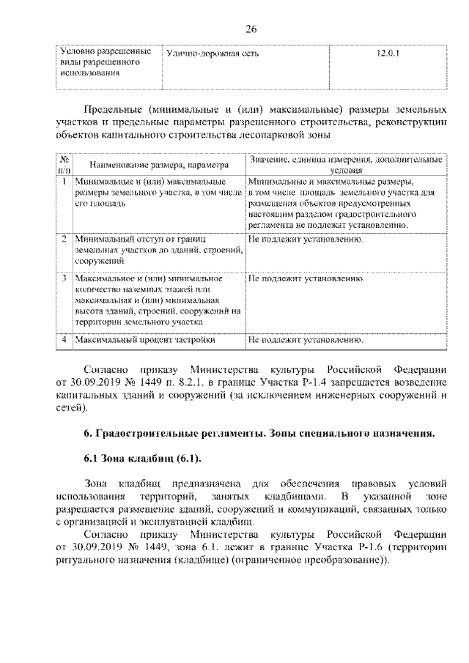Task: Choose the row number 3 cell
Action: [x=64, y=279]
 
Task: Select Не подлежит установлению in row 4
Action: [x=306, y=341]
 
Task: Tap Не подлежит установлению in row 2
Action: [x=306, y=239]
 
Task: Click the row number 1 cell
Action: [x=64, y=179]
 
